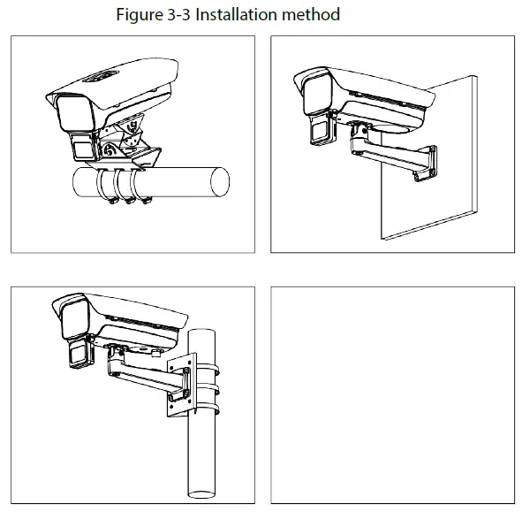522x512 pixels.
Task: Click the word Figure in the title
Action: coord(140,15)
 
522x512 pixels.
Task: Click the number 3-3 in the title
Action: coord(178,15)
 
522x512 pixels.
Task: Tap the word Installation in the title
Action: coord(237,15)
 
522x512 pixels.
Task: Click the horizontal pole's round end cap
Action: coord(220,181)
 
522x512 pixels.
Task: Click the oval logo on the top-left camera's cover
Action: coord(101,76)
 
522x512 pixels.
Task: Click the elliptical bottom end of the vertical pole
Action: coord(201,494)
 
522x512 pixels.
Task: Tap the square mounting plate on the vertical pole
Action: coord(180,385)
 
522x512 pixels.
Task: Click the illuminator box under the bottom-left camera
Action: coord(79,355)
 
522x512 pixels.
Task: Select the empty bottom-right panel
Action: coord(392,395)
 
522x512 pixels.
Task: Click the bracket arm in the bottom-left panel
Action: coord(147,373)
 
